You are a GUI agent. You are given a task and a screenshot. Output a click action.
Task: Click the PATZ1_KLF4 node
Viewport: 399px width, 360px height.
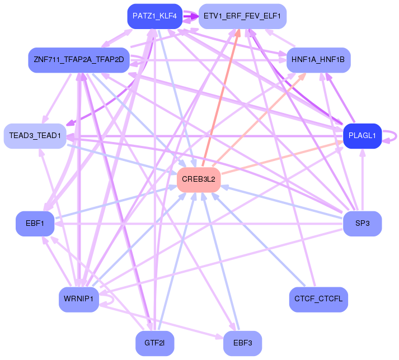pyautogui.click(x=155, y=16)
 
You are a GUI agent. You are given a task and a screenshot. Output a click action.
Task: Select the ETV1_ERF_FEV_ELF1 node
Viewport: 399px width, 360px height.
pyautogui.click(x=242, y=16)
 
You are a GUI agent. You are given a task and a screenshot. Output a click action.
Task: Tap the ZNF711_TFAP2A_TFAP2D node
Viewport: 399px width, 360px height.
pyautogui.click(x=78, y=59)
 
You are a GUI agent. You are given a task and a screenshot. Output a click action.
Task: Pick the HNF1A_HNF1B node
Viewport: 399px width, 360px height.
pyautogui.click(x=318, y=59)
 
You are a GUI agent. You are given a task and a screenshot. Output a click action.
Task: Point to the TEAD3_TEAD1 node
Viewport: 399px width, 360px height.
pyautogui.click(x=35, y=136)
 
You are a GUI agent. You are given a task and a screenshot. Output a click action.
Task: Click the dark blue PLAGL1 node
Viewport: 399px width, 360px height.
pyautogui.click(x=362, y=135)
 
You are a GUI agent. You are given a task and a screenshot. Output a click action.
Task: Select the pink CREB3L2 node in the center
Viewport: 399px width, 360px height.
pyautogui.click(x=199, y=180)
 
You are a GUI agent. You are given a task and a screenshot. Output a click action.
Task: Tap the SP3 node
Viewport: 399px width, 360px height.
pyautogui.click(x=362, y=224)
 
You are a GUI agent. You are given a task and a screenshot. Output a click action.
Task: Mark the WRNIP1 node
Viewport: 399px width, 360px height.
pyautogui.click(x=78, y=300)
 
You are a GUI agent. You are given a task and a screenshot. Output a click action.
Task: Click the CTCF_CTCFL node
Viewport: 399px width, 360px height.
pyautogui.click(x=318, y=300)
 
